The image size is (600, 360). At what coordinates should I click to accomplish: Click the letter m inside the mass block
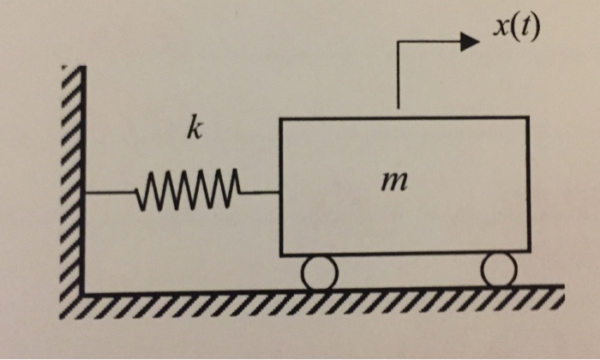[396, 183]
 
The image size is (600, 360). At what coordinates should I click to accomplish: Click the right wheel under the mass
[499, 271]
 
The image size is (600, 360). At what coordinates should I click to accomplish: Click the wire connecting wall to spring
[111, 192]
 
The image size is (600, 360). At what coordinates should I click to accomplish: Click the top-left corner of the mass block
[281, 118]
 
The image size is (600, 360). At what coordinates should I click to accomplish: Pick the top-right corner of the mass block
[528, 118]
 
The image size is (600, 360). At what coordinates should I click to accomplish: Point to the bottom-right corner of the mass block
[529, 254]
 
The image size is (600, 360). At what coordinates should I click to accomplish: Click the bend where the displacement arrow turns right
[399, 42]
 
